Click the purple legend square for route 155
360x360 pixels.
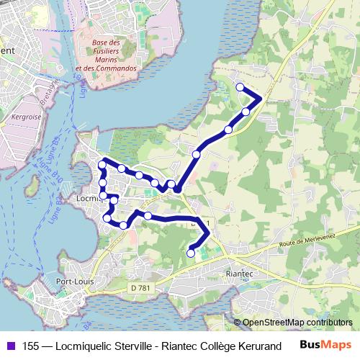click(x=9, y=346)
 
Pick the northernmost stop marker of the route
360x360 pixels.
click(x=240, y=88)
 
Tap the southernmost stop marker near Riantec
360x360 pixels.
click(x=191, y=253)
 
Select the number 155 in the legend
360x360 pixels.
click(x=30, y=346)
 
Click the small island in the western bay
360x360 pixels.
click(x=32, y=189)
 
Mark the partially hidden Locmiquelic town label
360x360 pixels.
click(x=87, y=195)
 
